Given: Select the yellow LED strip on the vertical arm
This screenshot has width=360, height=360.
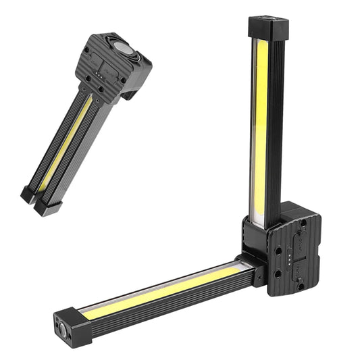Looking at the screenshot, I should [260, 122].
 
